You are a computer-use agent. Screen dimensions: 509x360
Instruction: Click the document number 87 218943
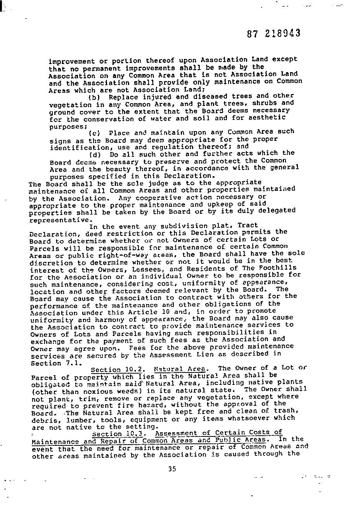[273, 33]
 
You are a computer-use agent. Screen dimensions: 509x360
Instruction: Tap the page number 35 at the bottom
[172, 469]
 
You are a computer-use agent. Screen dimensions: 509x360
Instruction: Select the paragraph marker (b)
[95, 97]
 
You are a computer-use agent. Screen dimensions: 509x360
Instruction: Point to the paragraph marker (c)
[95, 133]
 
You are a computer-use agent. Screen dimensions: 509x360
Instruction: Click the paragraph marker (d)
[95, 154]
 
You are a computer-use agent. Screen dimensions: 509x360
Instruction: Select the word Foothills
[279, 268]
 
